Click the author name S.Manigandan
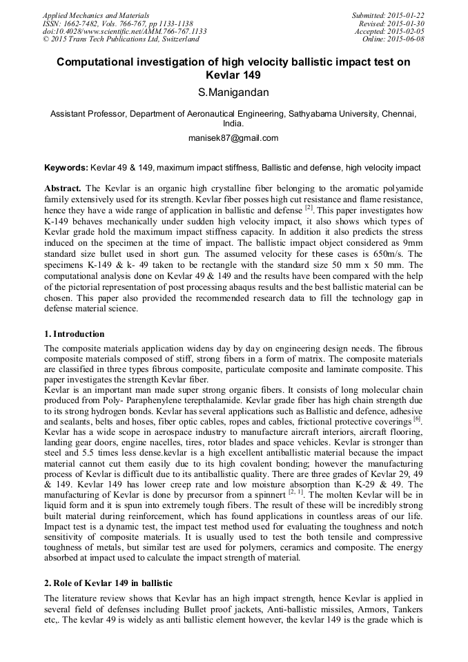click(233, 93)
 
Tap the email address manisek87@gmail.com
click(233, 138)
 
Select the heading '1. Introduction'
click(75, 334)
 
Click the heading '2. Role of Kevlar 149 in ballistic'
click(108, 584)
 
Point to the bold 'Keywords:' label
click(66, 168)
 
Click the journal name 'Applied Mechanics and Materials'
click(96, 15)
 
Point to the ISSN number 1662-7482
click(81, 23)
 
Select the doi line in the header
click(124, 32)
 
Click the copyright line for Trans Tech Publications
click(121, 39)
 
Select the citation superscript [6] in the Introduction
click(417, 418)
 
